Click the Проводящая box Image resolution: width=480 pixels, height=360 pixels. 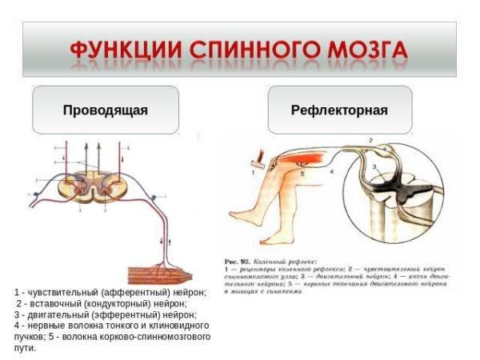[105, 110]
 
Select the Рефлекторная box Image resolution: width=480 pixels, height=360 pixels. [339, 110]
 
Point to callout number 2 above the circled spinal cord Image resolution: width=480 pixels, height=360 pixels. [370, 141]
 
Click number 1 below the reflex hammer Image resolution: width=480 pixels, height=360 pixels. [253, 172]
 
